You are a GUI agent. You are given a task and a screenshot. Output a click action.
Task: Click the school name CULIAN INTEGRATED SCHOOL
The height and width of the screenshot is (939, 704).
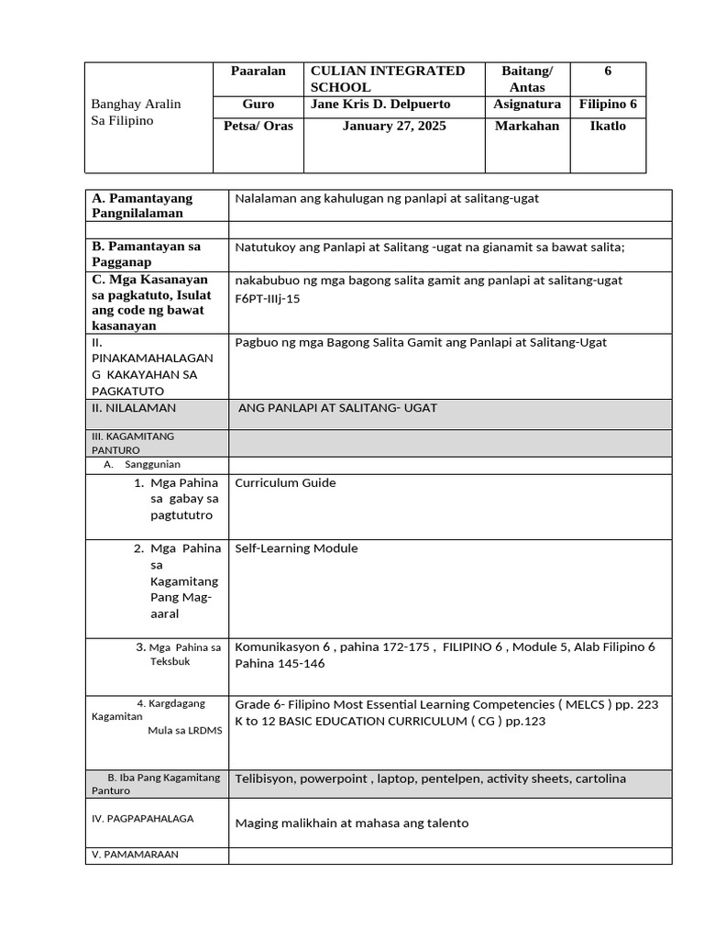(x=388, y=79)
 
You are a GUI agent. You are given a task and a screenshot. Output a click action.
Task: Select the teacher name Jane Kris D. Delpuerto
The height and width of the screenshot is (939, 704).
(x=380, y=105)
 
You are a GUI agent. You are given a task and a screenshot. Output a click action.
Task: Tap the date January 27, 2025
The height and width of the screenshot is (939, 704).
(x=394, y=126)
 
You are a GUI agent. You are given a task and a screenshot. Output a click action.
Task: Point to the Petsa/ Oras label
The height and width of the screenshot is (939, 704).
(x=258, y=126)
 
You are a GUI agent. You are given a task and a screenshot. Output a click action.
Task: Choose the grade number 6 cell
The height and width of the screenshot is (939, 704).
(x=607, y=71)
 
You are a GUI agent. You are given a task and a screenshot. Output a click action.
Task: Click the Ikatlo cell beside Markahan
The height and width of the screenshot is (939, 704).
(x=607, y=126)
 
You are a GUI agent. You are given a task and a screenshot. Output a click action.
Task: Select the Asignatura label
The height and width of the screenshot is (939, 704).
(x=527, y=105)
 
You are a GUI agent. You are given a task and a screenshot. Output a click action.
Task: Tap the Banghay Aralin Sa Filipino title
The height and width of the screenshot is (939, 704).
(x=136, y=112)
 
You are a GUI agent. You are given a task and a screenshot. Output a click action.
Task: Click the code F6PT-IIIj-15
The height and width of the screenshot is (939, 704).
(x=268, y=299)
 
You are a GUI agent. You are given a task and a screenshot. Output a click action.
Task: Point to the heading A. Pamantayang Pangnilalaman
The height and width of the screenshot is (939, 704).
(x=141, y=205)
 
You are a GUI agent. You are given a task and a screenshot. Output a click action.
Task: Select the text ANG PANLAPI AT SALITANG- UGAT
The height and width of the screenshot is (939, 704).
(x=337, y=407)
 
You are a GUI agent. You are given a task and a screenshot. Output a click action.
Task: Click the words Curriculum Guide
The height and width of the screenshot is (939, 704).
(x=285, y=482)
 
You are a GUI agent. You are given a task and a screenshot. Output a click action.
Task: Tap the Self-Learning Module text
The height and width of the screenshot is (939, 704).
(x=296, y=548)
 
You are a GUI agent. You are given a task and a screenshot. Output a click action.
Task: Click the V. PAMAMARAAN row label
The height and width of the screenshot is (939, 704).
(x=135, y=854)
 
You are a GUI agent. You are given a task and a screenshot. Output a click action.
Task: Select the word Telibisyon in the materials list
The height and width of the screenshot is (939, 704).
(x=264, y=779)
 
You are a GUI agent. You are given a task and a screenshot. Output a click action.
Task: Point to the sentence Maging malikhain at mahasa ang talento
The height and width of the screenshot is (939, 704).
(x=351, y=823)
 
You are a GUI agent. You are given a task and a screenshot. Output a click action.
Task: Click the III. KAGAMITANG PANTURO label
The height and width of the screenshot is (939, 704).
(x=132, y=443)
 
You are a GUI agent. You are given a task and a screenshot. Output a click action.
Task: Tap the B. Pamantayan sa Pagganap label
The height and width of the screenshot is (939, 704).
(x=146, y=254)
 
